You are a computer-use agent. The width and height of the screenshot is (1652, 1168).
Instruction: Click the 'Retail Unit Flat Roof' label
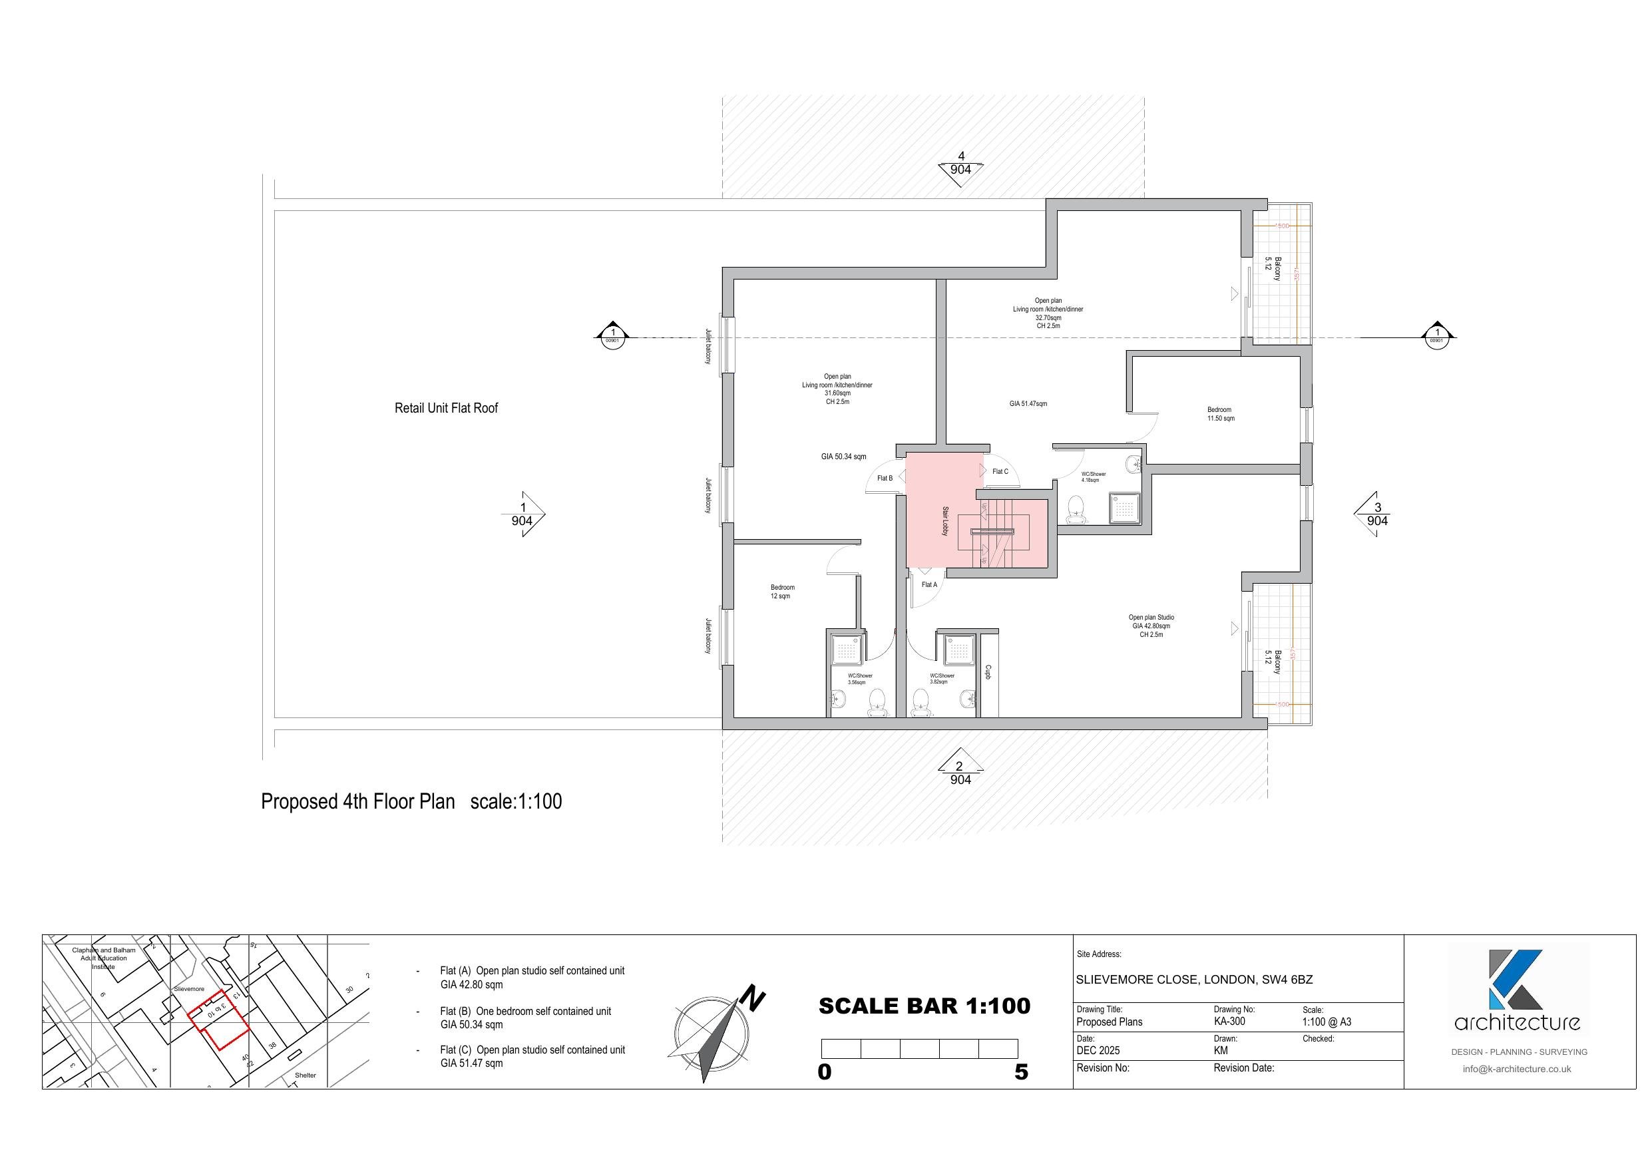point(446,408)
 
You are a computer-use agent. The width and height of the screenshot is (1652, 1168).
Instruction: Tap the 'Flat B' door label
point(885,478)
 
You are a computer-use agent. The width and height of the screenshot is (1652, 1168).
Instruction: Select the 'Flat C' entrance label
point(1000,471)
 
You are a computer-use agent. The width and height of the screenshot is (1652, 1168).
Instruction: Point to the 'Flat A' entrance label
point(929,584)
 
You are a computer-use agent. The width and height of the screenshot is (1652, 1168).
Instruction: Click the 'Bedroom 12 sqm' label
point(782,592)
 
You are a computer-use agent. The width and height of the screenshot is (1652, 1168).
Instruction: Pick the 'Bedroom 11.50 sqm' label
point(1219,414)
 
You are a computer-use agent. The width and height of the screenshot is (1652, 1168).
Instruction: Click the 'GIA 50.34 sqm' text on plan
point(843,457)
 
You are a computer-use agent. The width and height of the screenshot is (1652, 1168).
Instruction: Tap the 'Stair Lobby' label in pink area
point(945,521)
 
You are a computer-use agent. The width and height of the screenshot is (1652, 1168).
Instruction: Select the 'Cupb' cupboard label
point(988,672)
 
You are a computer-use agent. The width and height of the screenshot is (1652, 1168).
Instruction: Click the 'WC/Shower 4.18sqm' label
point(1093,477)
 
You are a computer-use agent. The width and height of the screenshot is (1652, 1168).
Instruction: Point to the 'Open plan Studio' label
point(1151,618)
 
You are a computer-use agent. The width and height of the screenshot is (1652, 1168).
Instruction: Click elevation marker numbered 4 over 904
point(960,164)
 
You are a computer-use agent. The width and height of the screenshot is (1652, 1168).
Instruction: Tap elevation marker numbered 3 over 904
point(1376,514)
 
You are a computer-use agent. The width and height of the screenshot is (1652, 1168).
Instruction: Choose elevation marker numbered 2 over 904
point(960,773)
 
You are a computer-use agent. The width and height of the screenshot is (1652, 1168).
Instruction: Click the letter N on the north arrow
point(753,999)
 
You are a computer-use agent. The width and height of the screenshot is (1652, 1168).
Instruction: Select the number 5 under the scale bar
point(1021,1072)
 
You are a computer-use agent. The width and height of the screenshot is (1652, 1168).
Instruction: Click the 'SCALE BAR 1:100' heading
point(924,1006)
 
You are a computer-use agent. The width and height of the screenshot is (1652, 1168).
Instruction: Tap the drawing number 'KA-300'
point(1229,1021)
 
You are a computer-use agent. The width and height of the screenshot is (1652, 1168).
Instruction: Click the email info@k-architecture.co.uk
point(1516,1069)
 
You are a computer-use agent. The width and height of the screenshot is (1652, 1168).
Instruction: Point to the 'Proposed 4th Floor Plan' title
point(357,802)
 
